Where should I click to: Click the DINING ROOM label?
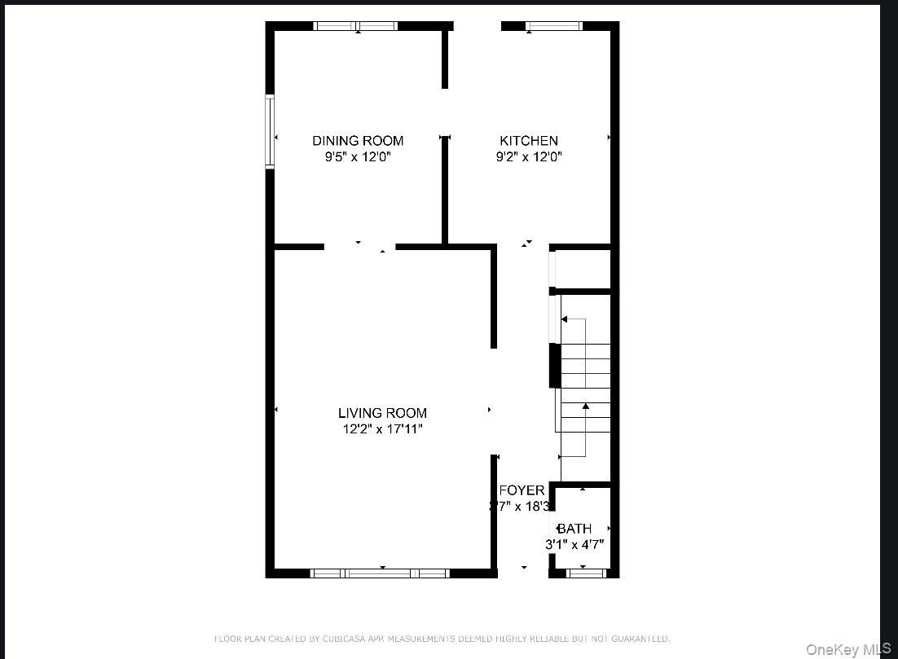(x=358, y=141)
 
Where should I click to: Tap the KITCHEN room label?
(x=529, y=141)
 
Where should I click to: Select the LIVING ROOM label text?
(x=382, y=413)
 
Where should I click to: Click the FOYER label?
(x=522, y=490)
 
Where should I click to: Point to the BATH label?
(x=574, y=529)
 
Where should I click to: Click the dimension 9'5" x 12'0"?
(x=358, y=157)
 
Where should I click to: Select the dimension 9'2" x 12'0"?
(x=529, y=157)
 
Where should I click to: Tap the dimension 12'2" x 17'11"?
(x=382, y=429)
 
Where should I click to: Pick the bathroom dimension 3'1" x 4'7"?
(x=574, y=545)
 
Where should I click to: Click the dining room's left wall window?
(x=270, y=131)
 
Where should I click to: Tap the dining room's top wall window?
(x=356, y=26)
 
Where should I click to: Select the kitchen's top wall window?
(x=554, y=26)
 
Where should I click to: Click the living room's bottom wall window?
(x=380, y=573)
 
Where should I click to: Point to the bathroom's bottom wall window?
(x=587, y=573)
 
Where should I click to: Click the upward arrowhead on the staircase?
(x=585, y=405)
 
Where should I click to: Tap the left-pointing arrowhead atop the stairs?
(x=564, y=319)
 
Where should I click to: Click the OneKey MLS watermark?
(x=848, y=649)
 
